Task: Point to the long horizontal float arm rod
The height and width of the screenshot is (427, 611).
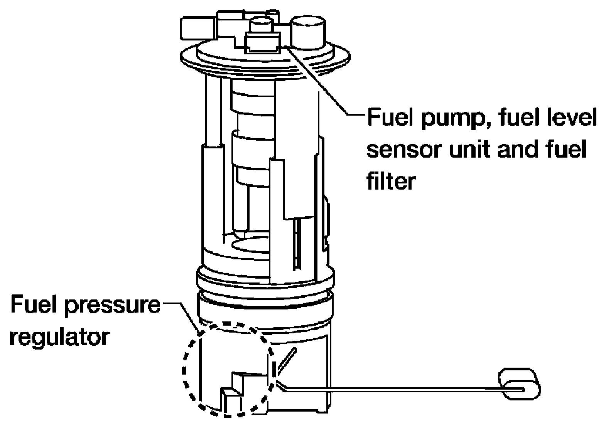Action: (401, 389)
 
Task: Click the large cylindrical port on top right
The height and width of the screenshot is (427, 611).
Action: (308, 33)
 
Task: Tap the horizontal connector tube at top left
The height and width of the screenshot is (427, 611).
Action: (199, 29)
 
